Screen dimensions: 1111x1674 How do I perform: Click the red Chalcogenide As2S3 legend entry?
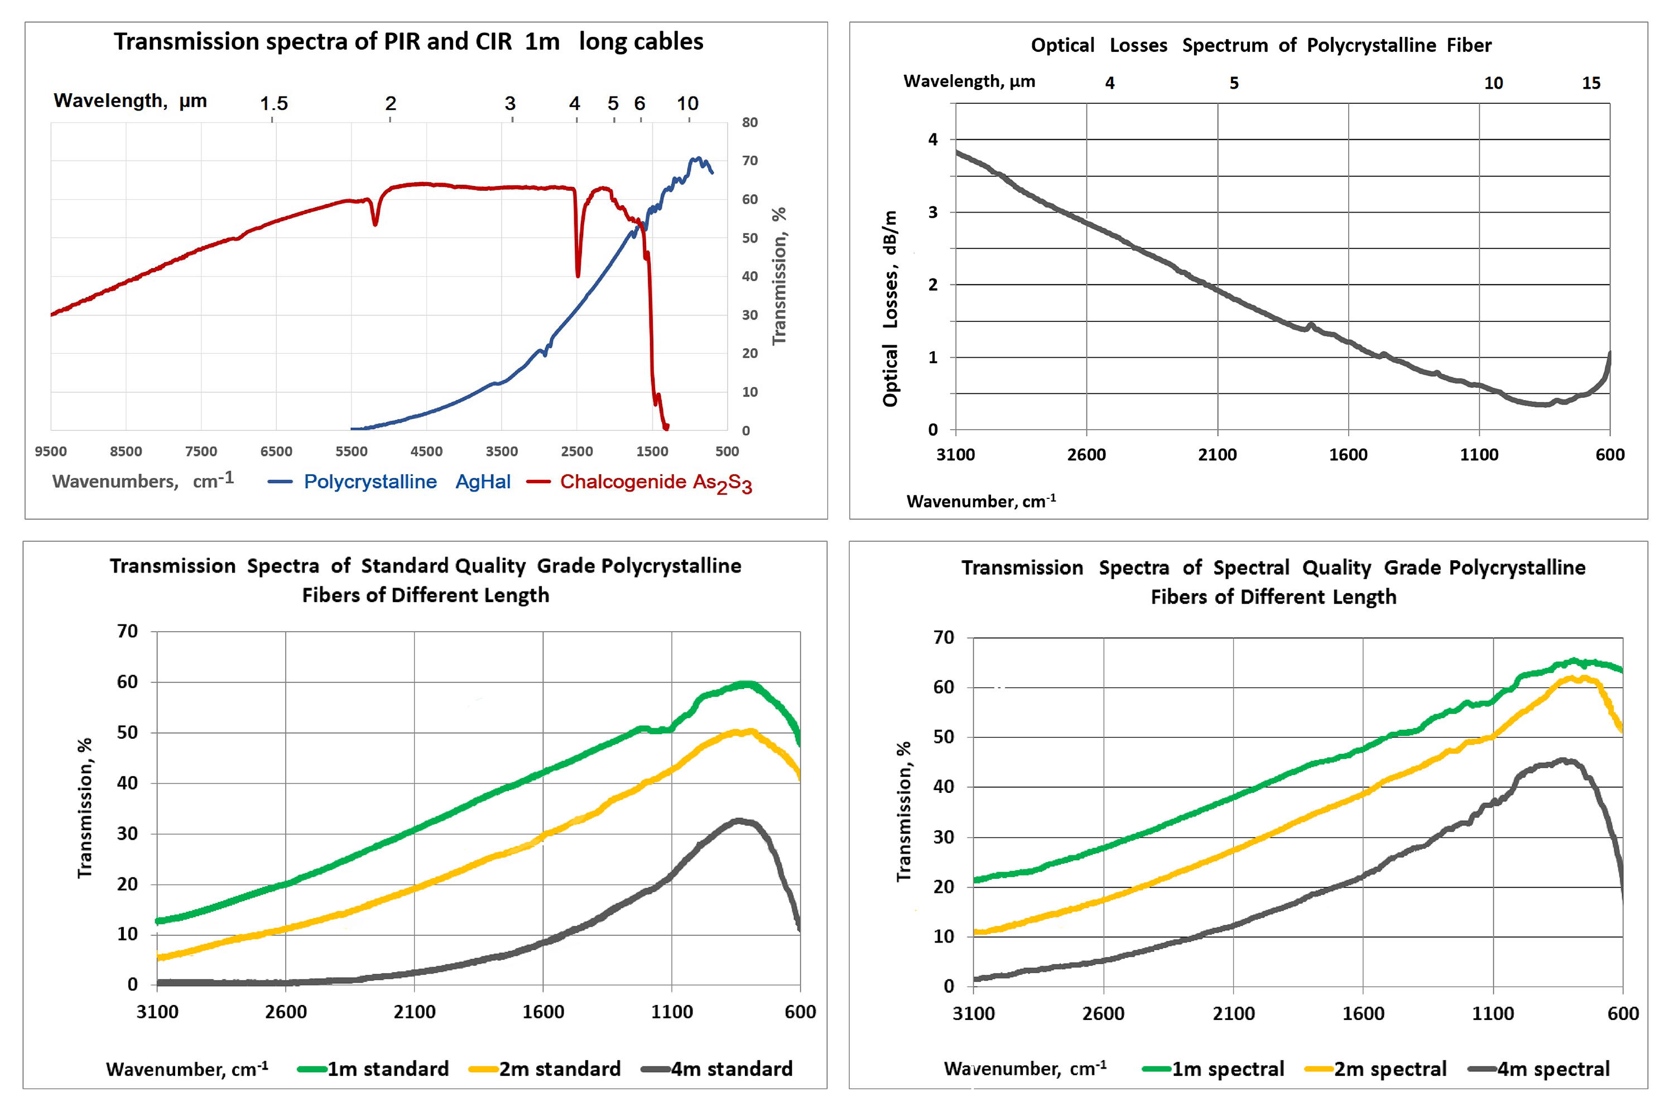[x=655, y=483]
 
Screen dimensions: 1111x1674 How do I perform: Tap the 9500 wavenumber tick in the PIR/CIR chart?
[x=50, y=451]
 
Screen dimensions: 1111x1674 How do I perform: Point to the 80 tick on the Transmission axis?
[x=749, y=123]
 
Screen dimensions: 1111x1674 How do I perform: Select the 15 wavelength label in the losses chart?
[x=1590, y=83]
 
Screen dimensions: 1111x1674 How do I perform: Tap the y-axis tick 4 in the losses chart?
[x=933, y=140]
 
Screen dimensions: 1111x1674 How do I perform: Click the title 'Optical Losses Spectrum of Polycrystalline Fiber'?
[x=1261, y=45]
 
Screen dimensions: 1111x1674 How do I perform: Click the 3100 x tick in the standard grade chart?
[x=157, y=1011]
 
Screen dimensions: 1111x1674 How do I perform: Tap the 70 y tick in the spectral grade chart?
[x=944, y=637]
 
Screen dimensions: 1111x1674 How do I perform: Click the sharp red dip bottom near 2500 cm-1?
[x=578, y=275]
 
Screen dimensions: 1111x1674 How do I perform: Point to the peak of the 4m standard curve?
[x=738, y=820]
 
